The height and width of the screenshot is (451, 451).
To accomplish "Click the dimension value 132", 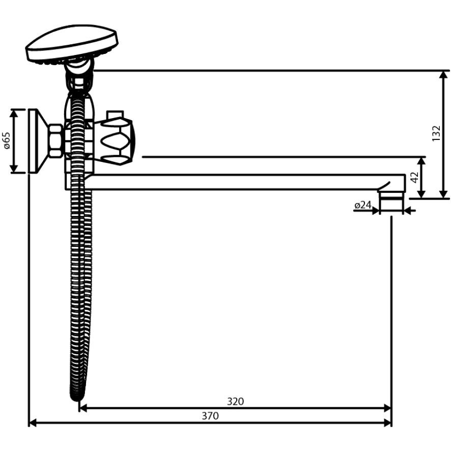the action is [436, 133].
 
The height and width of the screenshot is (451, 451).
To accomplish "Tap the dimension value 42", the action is [414, 178].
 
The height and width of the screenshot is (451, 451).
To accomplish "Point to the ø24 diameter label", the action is [363, 205].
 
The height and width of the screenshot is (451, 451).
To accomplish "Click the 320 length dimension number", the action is [235, 401].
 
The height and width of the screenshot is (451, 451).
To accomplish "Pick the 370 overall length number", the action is [210, 416].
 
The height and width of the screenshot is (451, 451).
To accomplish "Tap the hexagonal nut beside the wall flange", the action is [55, 141].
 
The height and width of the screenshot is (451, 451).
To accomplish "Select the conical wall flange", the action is [37, 141].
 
